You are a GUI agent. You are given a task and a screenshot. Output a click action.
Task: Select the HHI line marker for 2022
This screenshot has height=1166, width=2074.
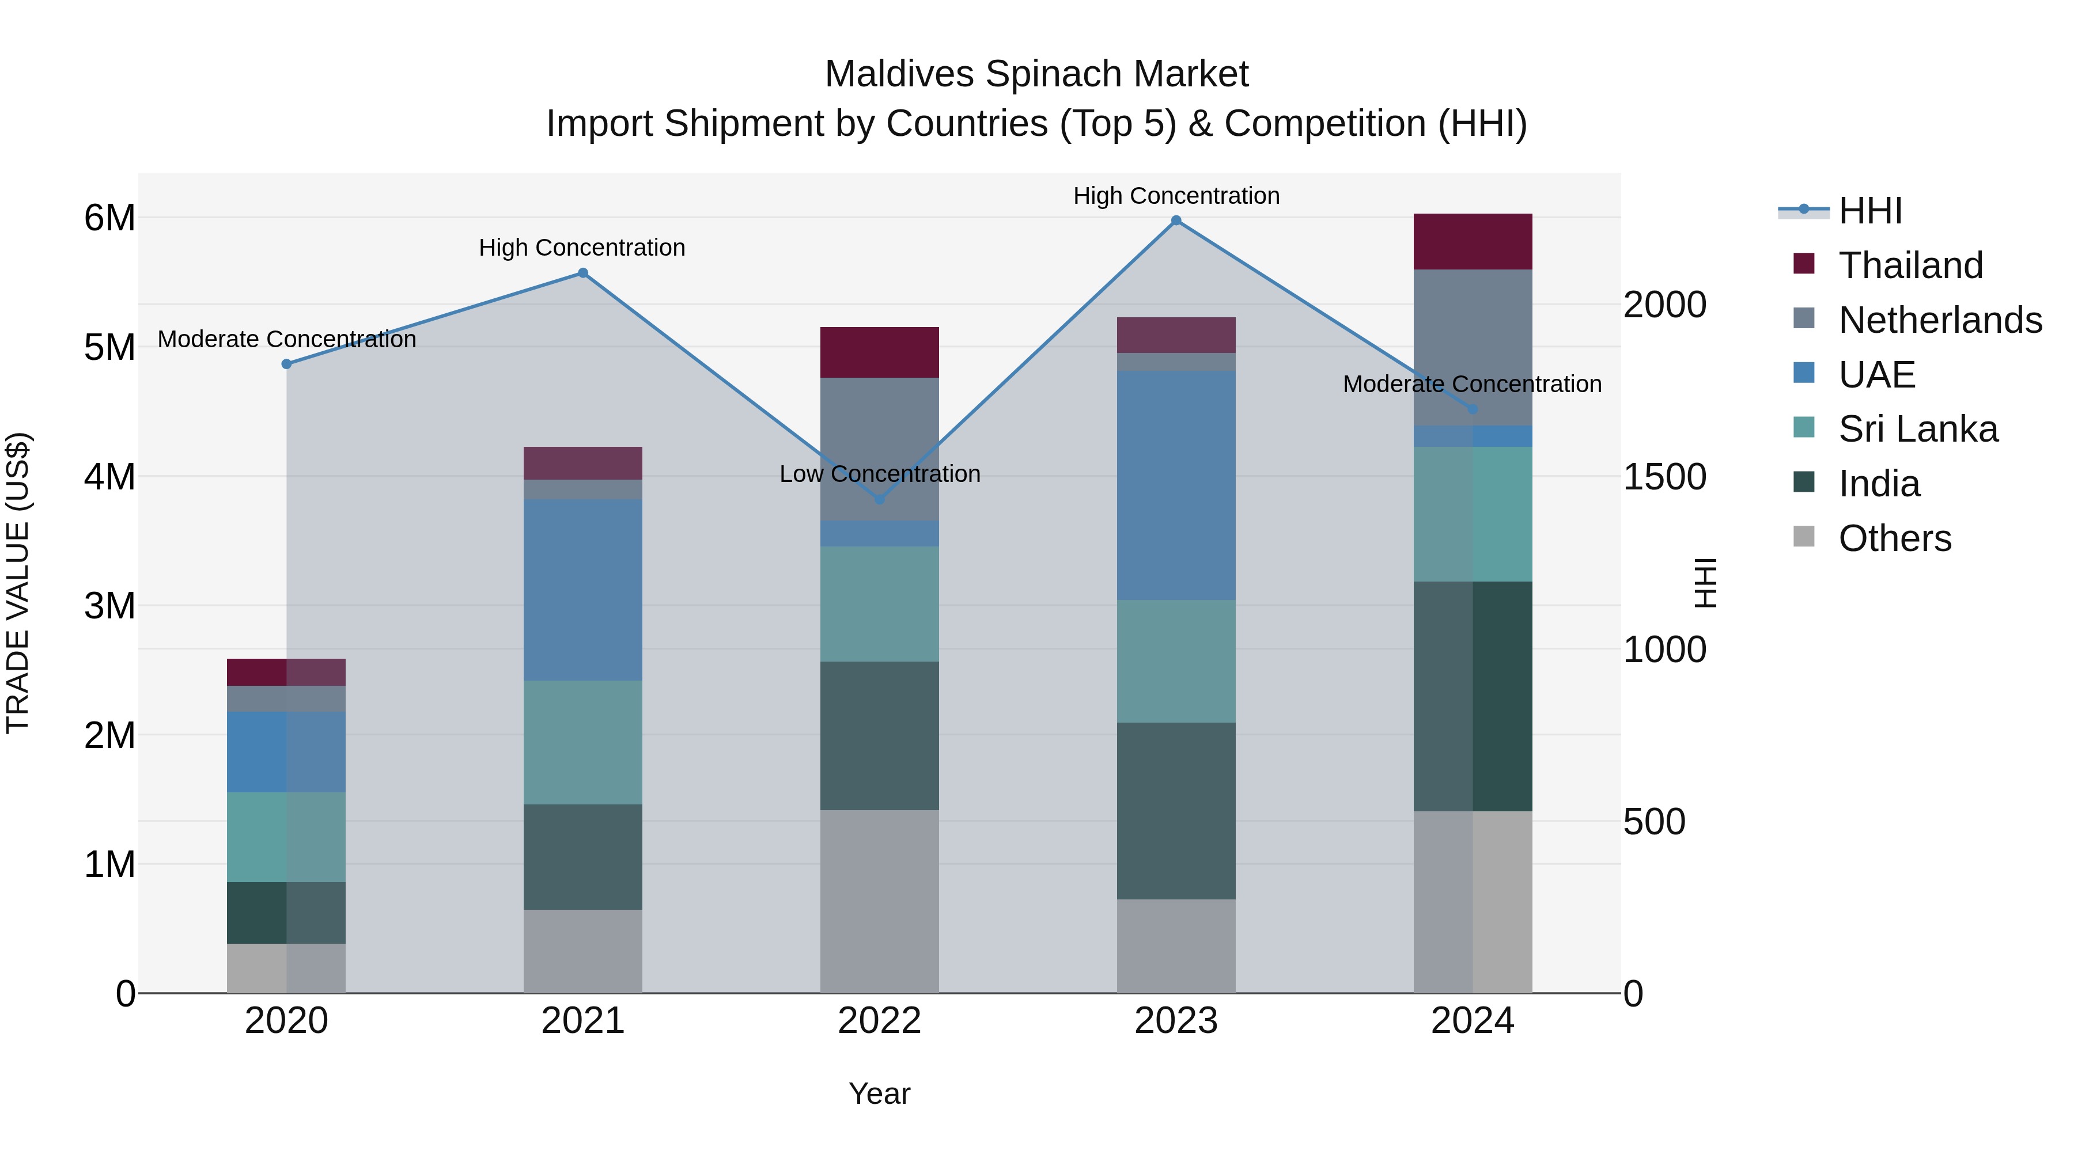click(879, 500)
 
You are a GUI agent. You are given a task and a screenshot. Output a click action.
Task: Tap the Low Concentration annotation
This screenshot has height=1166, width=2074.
click(879, 474)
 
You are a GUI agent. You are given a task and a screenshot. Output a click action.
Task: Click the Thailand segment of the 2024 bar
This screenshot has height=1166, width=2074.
click(1473, 241)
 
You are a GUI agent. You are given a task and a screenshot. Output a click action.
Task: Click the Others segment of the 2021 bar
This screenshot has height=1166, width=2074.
click(583, 951)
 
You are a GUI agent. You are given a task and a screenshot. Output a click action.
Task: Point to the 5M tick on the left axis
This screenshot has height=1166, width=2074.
click(109, 348)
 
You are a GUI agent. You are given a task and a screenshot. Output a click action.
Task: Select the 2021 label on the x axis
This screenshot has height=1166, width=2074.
click(583, 1021)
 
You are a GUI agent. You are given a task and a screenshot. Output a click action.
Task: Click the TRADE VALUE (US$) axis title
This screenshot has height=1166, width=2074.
click(18, 583)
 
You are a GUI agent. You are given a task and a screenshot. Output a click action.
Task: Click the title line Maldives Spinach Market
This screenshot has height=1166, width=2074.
click(1036, 74)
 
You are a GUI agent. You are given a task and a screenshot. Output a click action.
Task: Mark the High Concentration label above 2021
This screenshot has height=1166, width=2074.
click(582, 248)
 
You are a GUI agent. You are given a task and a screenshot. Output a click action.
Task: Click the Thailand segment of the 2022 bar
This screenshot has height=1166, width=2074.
click(879, 352)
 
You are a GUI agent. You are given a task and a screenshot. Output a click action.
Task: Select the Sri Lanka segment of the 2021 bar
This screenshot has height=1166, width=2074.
click(583, 742)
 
